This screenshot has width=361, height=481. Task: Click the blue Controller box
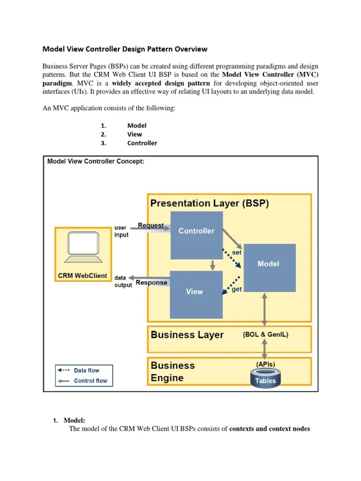click(x=196, y=235)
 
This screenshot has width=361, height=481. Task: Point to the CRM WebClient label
click(x=82, y=276)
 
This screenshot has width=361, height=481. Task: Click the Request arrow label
click(x=151, y=225)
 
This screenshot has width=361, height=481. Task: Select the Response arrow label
click(x=151, y=283)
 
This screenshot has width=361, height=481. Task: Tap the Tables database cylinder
click(x=266, y=379)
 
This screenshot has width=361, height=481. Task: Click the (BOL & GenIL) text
click(x=266, y=335)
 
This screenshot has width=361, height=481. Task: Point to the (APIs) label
click(x=266, y=364)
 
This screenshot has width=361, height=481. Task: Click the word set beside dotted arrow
click(x=237, y=252)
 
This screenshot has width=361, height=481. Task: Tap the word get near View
click(x=236, y=289)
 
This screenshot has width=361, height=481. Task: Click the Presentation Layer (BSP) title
click(x=210, y=203)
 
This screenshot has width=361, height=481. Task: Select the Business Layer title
click(x=187, y=335)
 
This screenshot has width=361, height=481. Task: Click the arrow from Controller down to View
click(x=212, y=265)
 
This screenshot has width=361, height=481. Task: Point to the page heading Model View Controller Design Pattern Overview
click(x=125, y=49)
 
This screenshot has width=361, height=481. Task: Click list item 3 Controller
click(x=142, y=143)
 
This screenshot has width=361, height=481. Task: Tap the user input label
click(x=121, y=231)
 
